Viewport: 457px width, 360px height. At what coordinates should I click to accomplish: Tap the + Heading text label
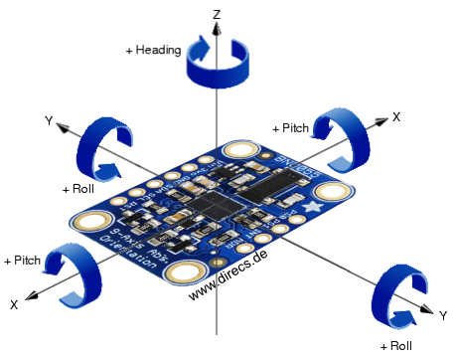click(153, 49)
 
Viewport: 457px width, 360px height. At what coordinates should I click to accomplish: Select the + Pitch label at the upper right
click(290, 128)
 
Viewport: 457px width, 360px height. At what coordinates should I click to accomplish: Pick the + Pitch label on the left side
click(22, 260)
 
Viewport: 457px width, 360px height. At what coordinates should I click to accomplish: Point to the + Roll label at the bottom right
click(395, 346)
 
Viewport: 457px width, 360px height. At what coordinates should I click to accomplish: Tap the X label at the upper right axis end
click(395, 116)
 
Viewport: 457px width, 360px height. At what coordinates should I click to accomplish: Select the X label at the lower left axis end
click(14, 302)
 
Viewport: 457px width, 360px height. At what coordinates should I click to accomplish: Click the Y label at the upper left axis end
click(48, 119)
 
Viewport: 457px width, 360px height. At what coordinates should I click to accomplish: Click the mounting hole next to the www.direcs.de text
click(184, 271)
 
